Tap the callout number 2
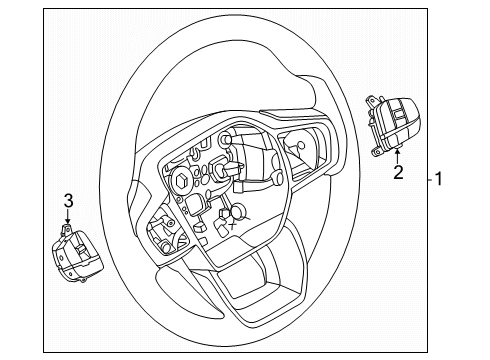[x=398, y=173]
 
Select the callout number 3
[x=68, y=199]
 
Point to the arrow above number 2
[x=398, y=154]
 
